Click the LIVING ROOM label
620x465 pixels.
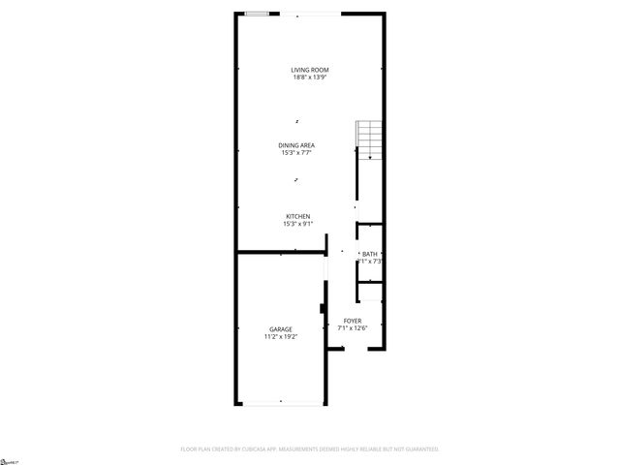(310, 70)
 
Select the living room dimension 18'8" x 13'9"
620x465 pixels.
(310, 77)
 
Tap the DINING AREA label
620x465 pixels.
(297, 145)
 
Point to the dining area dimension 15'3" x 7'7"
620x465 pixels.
(297, 153)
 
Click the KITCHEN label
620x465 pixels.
(297, 216)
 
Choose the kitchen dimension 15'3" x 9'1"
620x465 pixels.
(297, 224)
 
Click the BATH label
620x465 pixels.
(370, 254)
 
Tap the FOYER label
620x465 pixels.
(353, 321)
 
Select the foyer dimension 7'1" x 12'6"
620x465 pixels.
(353, 328)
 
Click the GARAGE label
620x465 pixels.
(280, 329)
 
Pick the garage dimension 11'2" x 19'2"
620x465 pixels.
(280, 337)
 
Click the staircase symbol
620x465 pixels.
(370, 138)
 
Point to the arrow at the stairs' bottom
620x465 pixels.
(370, 155)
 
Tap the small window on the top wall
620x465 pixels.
(258, 14)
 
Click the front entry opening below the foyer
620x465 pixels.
(354, 352)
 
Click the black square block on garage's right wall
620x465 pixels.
(324, 310)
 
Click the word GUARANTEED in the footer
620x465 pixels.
(418, 449)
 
